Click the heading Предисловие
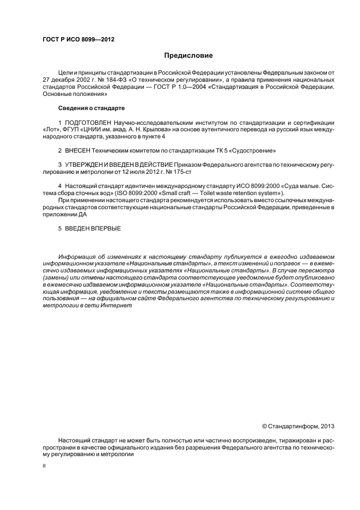coord(188,56)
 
